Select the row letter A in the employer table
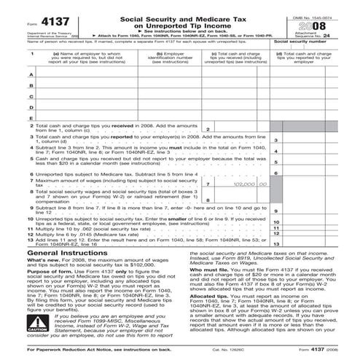tap(10, 74)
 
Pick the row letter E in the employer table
tap(10, 117)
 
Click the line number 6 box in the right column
tap(276, 173)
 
